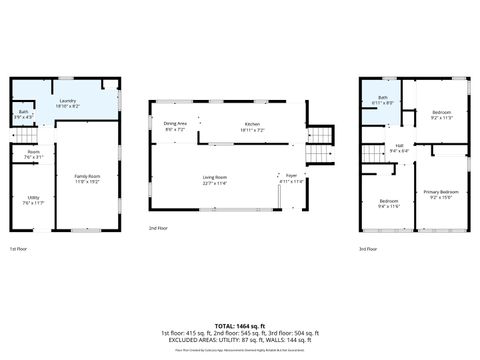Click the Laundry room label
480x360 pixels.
[x=68, y=101]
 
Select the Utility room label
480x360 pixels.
[x=33, y=198]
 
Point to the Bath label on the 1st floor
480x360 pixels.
[x=23, y=112]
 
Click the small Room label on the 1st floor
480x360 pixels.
[x=33, y=153]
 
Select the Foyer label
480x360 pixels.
[x=291, y=178]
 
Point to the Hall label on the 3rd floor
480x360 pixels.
[x=398, y=147]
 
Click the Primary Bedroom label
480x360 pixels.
[x=441, y=192]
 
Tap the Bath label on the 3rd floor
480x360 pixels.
[x=382, y=98]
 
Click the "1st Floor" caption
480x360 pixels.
[x=19, y=248]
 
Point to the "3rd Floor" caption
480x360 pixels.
[x=369, y=248]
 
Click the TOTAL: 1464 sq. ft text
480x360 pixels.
[x=240, y=326]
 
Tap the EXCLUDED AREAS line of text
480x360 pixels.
[x=240, y=339]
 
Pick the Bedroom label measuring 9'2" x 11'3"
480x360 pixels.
[x=441, y=115]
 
